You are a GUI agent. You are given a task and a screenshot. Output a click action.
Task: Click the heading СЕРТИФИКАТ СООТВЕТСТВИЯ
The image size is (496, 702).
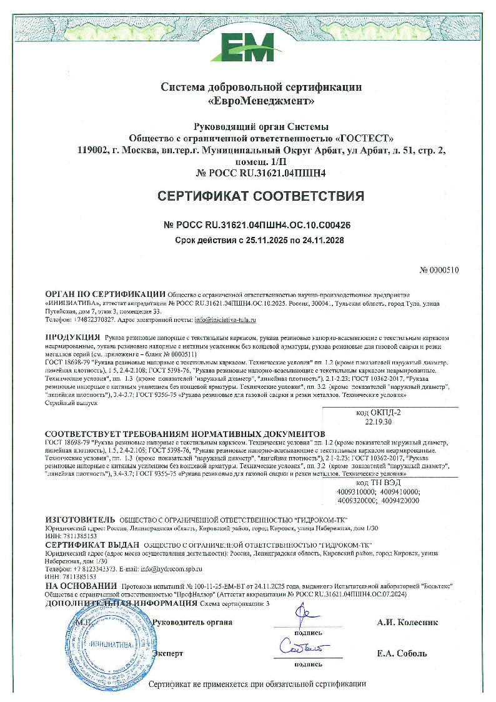(260, 198)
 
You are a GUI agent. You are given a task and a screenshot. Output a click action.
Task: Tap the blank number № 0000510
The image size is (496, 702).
(440, 271)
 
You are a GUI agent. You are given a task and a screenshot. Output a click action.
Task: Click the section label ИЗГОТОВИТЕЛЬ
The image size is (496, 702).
(81, 520)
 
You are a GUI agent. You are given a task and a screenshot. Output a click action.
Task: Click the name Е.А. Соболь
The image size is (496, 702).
(402, 653)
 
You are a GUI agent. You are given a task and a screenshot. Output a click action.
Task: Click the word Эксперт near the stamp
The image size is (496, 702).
(168, 653)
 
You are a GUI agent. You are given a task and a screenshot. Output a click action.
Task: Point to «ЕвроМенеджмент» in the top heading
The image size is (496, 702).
(260, 100)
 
